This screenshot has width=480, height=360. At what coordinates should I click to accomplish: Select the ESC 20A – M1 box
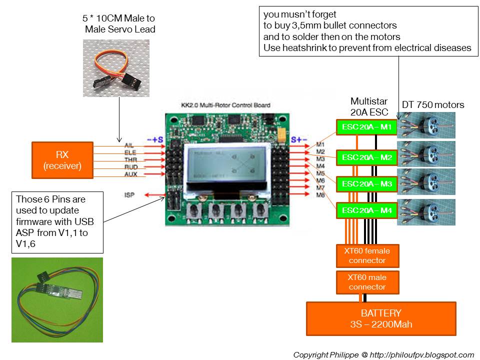pos(366,127)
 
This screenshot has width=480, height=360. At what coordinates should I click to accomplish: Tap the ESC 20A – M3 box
pos(366,184)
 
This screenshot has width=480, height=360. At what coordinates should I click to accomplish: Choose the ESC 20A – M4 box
pos(366,210)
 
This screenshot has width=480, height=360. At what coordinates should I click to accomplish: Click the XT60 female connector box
pos(367,255)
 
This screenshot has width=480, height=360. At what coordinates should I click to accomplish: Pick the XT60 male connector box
pos(367,282)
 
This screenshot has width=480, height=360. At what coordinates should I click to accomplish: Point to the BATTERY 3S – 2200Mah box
pos(381,318)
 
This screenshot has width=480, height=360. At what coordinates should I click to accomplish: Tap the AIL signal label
pos(128,145)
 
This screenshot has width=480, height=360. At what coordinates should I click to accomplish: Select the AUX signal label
pos(130,174)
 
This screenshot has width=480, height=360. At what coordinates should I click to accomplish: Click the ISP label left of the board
pos(129,194)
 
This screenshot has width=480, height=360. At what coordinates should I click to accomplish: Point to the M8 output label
pos(320,194)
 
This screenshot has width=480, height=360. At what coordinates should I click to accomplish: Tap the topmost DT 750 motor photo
pos(426,125)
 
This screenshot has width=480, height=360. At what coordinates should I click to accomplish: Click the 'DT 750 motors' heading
pos(433,104)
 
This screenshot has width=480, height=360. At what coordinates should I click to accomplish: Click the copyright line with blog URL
pos(383,354)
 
